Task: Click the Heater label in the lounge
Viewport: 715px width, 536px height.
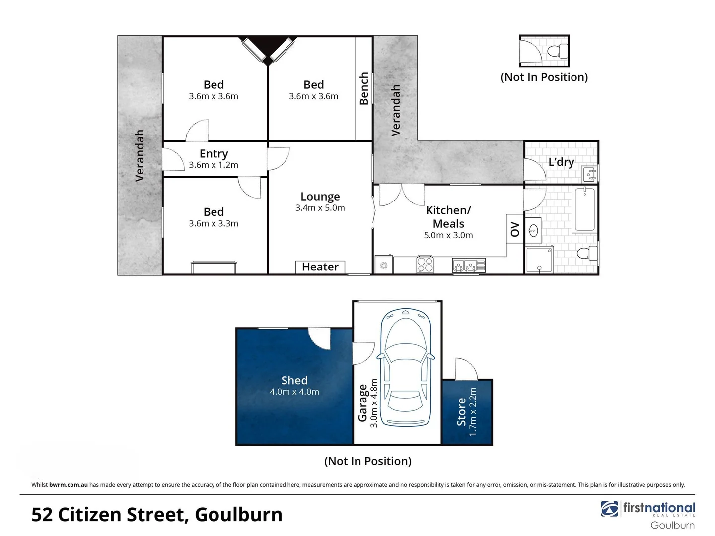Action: [x=320, y=267]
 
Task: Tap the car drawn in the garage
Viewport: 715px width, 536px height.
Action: [x=406, y=367]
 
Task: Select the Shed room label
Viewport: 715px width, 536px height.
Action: [x=294, y=380]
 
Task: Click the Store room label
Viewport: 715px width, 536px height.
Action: [x=462, y=411]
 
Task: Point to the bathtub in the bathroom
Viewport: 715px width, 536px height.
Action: [x=585, y=209]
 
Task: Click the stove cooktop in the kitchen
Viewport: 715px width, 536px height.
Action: [x=425, y=264]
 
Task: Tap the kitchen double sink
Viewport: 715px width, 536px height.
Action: [x=469, y=266]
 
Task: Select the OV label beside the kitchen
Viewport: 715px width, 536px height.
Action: [x=515, y=229]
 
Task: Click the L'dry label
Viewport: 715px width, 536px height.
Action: [x=561, y=162]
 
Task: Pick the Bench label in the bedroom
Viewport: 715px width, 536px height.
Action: [x=364, y=88]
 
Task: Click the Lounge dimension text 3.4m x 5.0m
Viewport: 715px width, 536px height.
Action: [x=320, y=208]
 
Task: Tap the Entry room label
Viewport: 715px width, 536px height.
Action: [x=214, y=154]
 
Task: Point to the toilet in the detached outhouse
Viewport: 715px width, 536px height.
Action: [x=558, y=51]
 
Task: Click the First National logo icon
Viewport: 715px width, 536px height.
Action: [x=610, y=509]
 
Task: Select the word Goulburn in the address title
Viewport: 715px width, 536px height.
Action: [x=238, y=515]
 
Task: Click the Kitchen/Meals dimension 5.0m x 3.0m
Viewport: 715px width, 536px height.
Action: [x=448, y=235]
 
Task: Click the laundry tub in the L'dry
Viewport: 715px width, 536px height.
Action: [x=589, y=174]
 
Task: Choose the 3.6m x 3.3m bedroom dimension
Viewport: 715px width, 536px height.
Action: [x=214, y=223]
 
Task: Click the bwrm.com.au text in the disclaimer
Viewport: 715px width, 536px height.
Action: [x=69, y=485]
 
